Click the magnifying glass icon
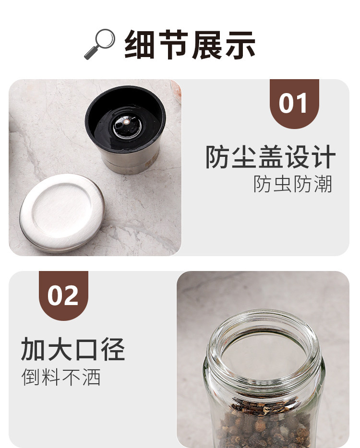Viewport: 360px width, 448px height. point(99,44)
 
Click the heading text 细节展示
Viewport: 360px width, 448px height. point(190,45)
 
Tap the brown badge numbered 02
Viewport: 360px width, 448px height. point(63,295)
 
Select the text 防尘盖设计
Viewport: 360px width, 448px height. point(270,157)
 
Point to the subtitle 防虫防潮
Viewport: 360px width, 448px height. point(293,184)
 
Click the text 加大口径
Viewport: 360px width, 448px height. point(73,349)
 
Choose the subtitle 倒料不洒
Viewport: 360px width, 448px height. point(61,377)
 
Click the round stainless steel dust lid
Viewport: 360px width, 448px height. point(61,213)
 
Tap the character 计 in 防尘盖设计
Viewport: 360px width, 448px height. point(323,157)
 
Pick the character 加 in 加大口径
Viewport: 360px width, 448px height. point(33,349)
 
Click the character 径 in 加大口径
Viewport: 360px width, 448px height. point(113,349)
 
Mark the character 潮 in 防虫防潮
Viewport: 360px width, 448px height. point(323,184)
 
